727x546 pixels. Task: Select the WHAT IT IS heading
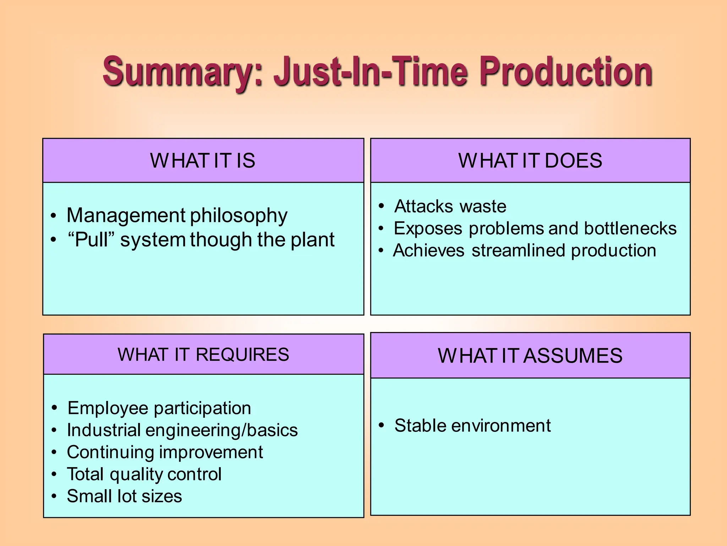[203, 161]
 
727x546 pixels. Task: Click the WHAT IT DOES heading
[530, 161]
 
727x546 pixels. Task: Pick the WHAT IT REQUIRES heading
[203, 355]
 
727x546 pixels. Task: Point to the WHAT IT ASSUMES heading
[530, 356]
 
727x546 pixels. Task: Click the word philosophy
[239, 216]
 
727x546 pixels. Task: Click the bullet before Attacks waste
[381, 206]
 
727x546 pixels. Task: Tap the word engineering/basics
[222, 430]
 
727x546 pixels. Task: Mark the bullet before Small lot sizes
[54, 497]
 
